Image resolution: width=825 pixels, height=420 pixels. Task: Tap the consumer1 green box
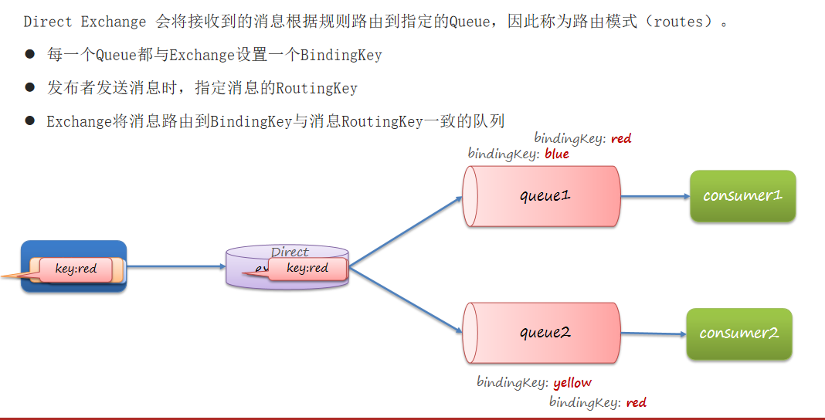pos(742,196)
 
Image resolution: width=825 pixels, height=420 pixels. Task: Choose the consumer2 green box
pos(738,334)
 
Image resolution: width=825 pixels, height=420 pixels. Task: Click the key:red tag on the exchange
pos(307,268)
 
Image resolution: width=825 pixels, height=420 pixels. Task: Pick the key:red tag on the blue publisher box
pos(76,269)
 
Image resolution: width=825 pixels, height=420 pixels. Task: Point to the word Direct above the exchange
pos(290,252)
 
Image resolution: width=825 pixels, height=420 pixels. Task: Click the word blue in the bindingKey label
pos(556,154)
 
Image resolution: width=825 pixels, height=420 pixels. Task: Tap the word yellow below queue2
pos(572,382)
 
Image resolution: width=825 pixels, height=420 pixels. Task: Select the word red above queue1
pos(621,138)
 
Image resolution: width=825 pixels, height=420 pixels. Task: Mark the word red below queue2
pos(637,402)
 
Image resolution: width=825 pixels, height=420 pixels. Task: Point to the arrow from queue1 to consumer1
pos(654,196)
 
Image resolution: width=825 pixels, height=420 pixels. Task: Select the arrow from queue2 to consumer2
pos(653,334)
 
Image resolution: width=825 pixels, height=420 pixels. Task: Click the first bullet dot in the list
pos(30,54)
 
